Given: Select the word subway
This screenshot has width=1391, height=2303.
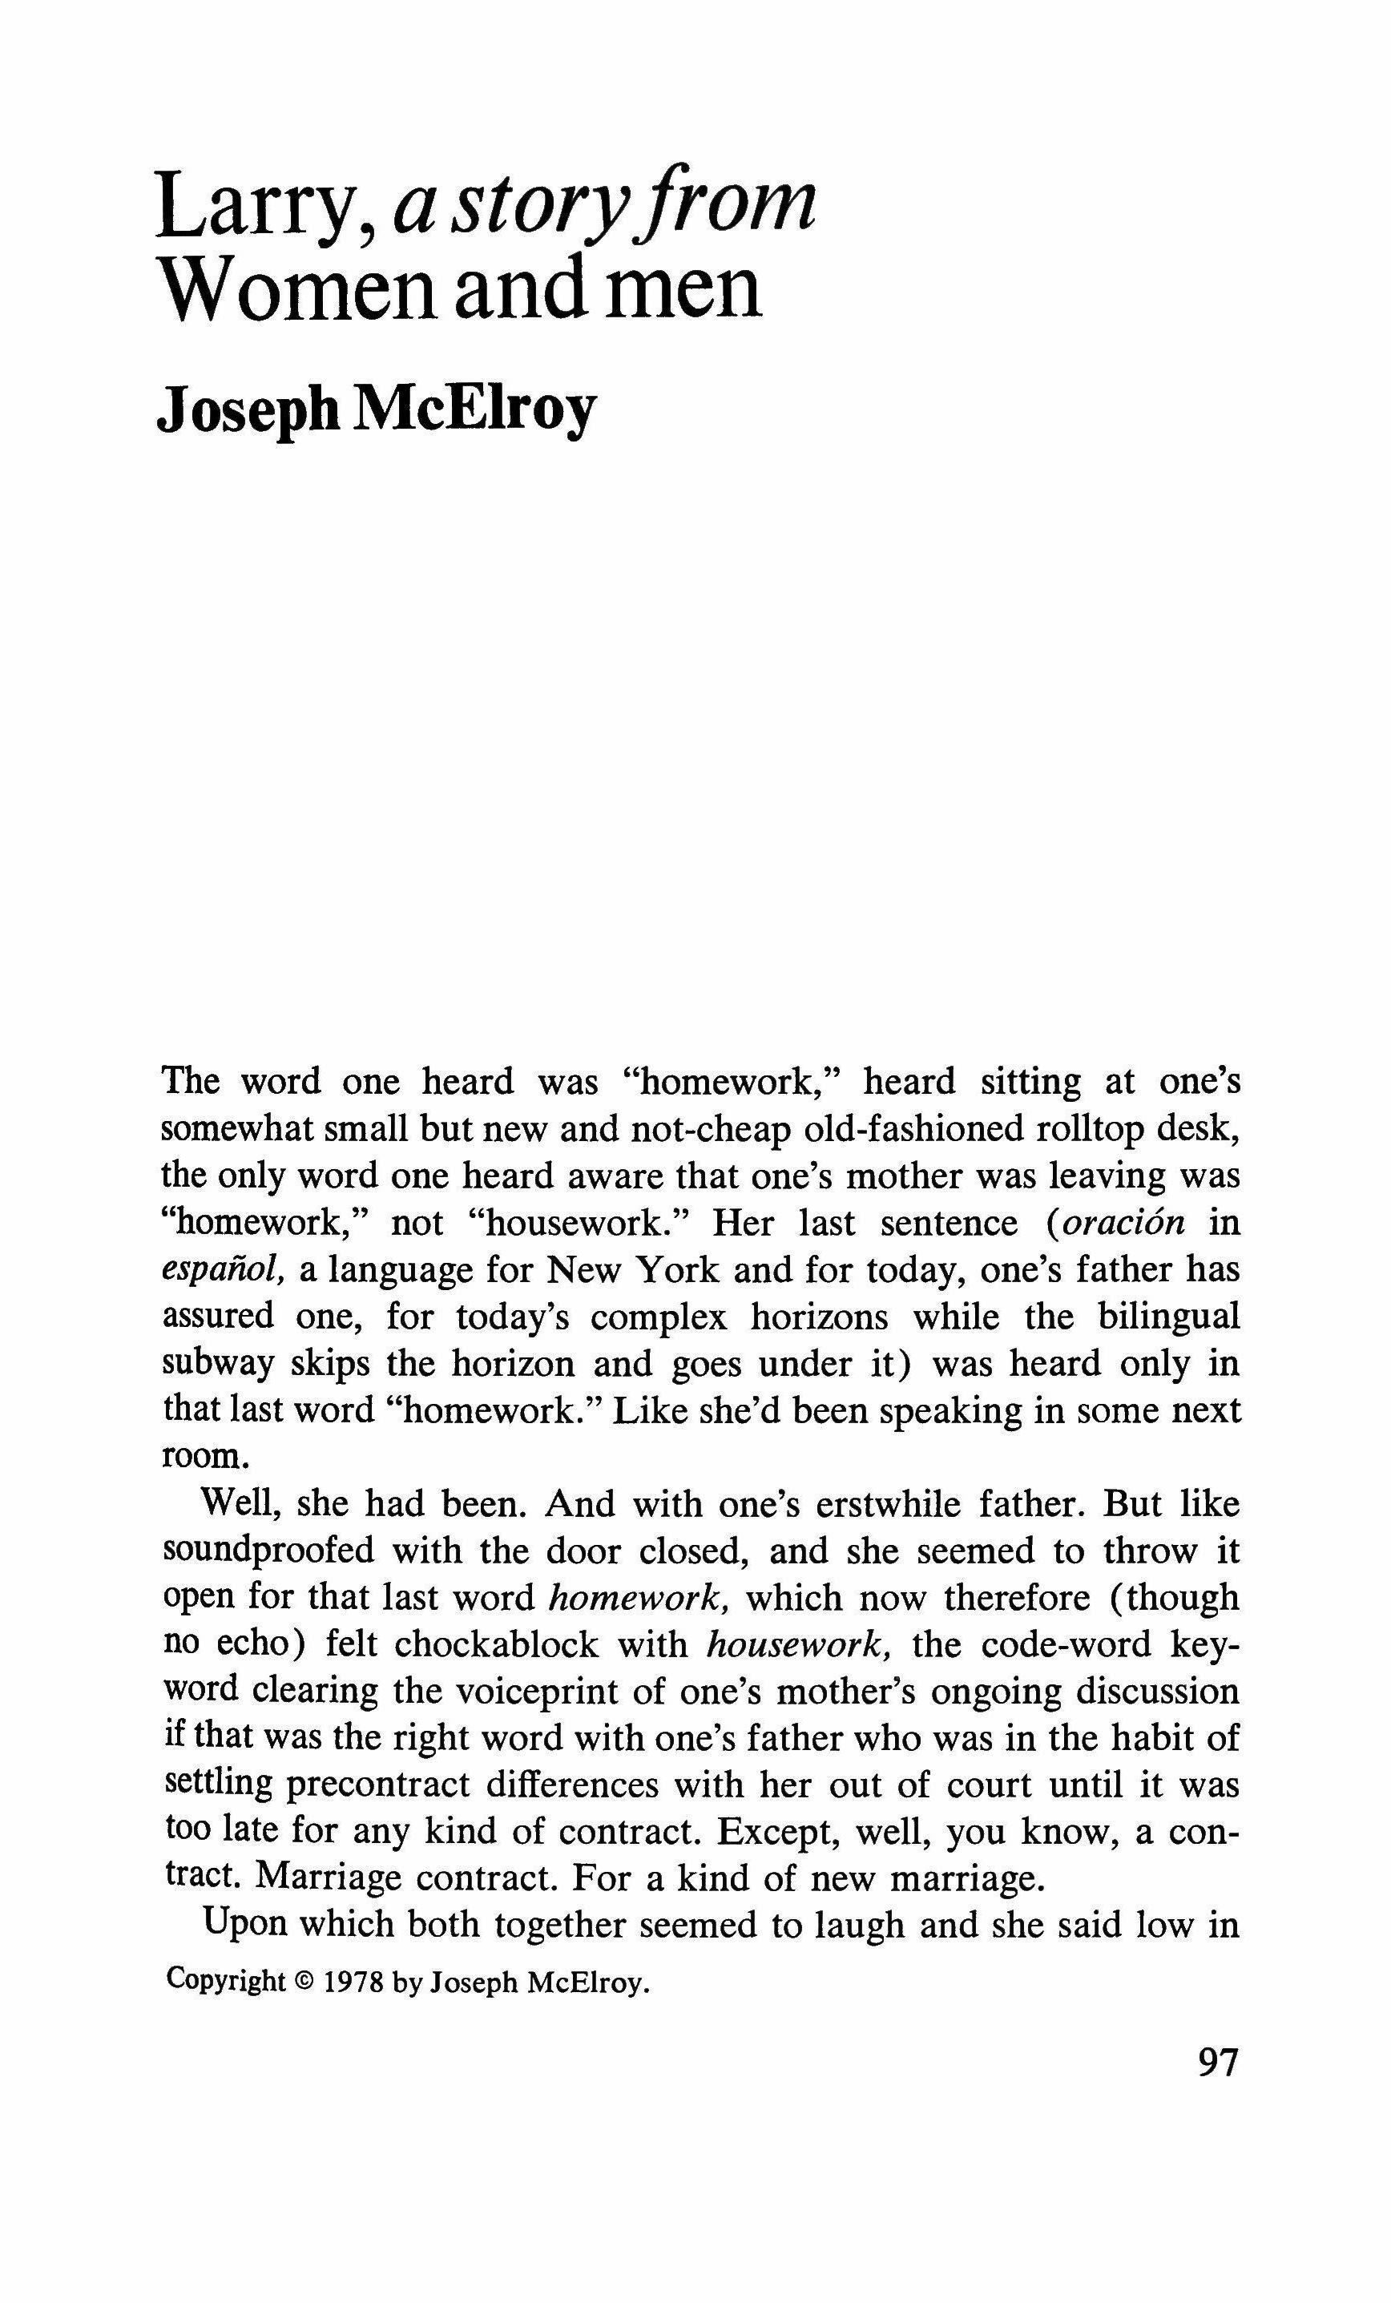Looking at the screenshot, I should coord(217,1364).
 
